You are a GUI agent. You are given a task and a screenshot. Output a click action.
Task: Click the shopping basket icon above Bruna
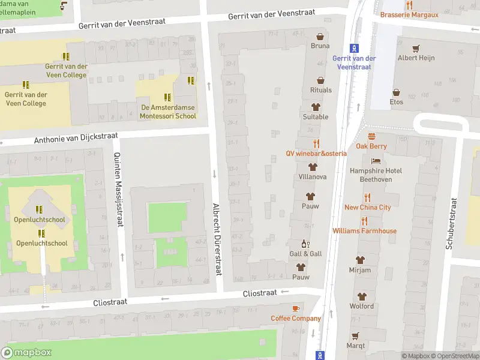tap(320, 36)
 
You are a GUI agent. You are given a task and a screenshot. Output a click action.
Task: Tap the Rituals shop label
tap(320, 90)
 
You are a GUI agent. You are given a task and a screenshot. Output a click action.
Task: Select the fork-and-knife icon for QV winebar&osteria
tap(316, 143)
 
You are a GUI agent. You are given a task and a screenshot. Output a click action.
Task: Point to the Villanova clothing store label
tap(312, 177)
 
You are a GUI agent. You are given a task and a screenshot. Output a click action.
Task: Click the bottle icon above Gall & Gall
tap(305, 244)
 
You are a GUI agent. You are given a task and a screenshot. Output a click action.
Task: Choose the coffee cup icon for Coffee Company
tap(295, 308)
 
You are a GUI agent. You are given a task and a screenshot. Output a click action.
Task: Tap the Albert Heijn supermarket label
tap(416, 58)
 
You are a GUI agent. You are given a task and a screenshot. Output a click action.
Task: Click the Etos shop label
tap(396, 101)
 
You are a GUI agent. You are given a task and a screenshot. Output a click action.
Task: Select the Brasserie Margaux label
tap(409, 14)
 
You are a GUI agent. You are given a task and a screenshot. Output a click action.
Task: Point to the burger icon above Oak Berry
tap(371, 136)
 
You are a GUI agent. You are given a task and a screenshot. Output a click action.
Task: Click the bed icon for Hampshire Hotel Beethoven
tap(376, 161)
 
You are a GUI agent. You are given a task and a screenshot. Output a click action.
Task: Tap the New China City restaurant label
tap(367, 207)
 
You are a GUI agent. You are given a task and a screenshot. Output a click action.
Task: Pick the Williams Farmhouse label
tap(364, 230)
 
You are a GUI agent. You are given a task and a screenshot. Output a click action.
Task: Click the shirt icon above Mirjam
tap(360, 260)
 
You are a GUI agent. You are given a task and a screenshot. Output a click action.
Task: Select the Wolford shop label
tap(361, 306)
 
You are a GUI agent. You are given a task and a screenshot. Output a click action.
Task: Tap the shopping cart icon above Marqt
tap(355, 335)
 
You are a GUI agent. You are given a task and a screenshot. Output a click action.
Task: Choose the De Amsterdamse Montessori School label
tap(167, 112)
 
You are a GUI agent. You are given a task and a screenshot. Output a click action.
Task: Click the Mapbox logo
tap(26, 353)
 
